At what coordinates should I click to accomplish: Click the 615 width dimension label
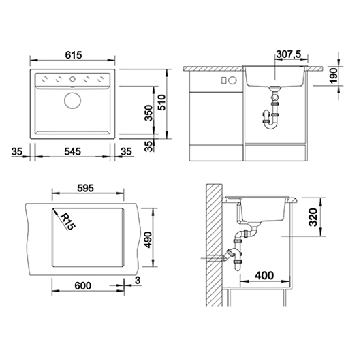(x=74, y=55)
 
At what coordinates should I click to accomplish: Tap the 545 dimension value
(x=72, y=151)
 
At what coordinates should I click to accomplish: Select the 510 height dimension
(x=162, y=102)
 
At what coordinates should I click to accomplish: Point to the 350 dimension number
(x=149, y=113)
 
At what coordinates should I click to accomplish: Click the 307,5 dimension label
(x=289, y=54)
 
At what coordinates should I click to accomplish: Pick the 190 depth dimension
(x=333, y=76)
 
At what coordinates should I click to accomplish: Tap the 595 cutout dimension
(x=85, y=188)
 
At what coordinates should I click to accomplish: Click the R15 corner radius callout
(x=68, y=221)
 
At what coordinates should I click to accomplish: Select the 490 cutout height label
(x=148, y=240)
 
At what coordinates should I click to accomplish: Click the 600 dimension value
(x=83, y=285)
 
